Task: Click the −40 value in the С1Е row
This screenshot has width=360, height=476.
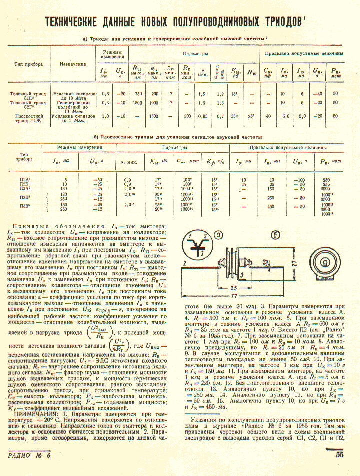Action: pyautogui.click(x=316, y=94)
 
